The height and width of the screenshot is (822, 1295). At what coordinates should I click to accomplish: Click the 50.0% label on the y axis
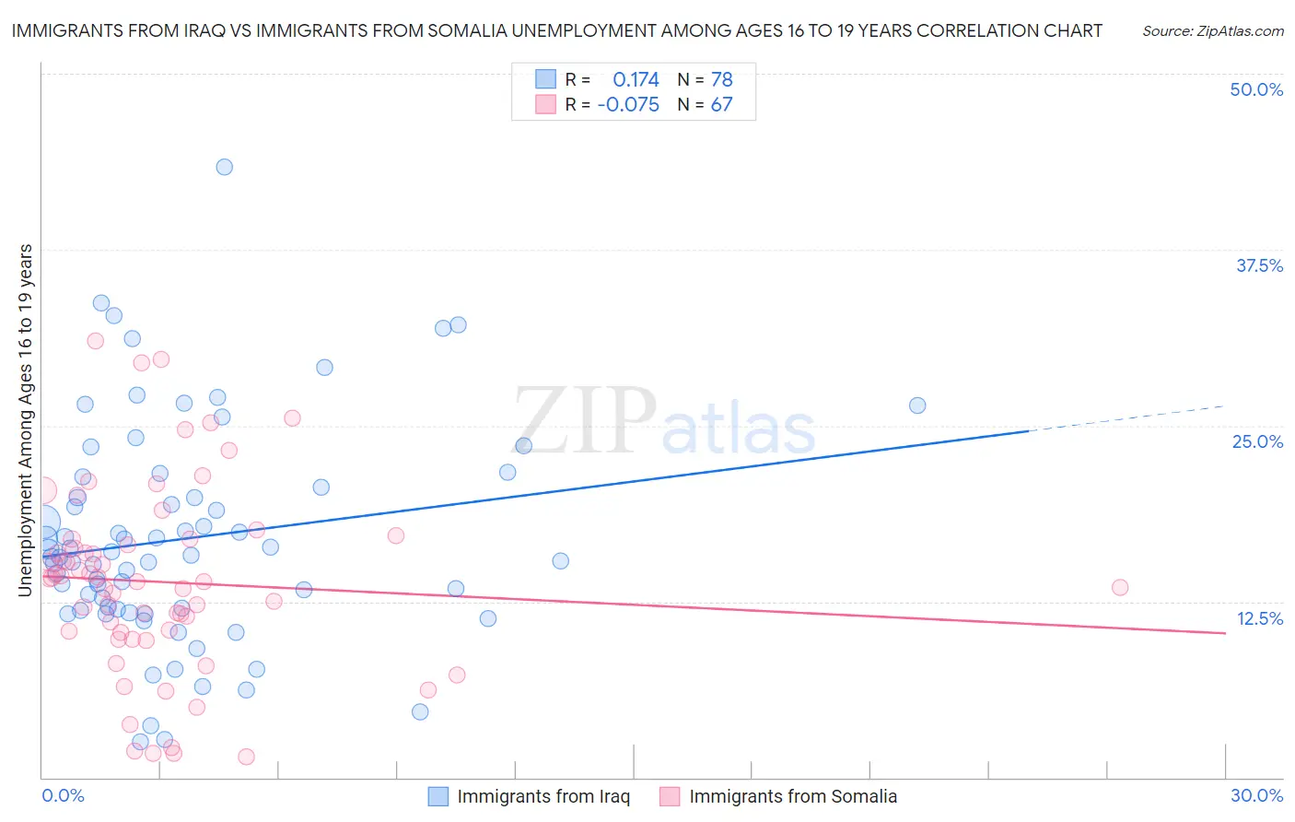point(1256,89)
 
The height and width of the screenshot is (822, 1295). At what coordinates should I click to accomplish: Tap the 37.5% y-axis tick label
point(1259,265)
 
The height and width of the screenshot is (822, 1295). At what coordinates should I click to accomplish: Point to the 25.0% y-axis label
point(1257,441)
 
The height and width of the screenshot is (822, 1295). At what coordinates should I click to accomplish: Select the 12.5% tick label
point(1259,618)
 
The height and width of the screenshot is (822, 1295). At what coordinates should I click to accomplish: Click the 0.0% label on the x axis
point(63,795)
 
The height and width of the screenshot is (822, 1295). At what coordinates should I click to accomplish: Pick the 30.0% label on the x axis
point(1256,795)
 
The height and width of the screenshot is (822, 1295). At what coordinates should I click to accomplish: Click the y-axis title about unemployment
point(25,420)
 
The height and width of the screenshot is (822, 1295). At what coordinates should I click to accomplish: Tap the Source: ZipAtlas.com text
point(1212,30)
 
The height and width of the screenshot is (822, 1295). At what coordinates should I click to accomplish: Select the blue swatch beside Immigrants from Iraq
point(438,796)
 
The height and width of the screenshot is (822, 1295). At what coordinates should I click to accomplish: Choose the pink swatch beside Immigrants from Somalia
point(670,796)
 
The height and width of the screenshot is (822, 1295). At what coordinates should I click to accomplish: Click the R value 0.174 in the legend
point(636,80)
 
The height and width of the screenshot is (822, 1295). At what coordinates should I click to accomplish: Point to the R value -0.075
point(628,105)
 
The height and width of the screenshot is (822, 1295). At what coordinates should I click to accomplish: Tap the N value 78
point(721,80)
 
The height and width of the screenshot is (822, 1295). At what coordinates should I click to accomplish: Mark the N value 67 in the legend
point(721,105)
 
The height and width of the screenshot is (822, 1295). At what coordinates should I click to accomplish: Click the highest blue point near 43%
point(224,167)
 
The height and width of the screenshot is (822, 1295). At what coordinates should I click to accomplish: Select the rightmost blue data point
point(917,405)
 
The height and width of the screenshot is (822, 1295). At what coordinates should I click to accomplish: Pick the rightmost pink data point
point(1120,587)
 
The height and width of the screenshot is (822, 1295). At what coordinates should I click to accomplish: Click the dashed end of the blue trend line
point(1127,417)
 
